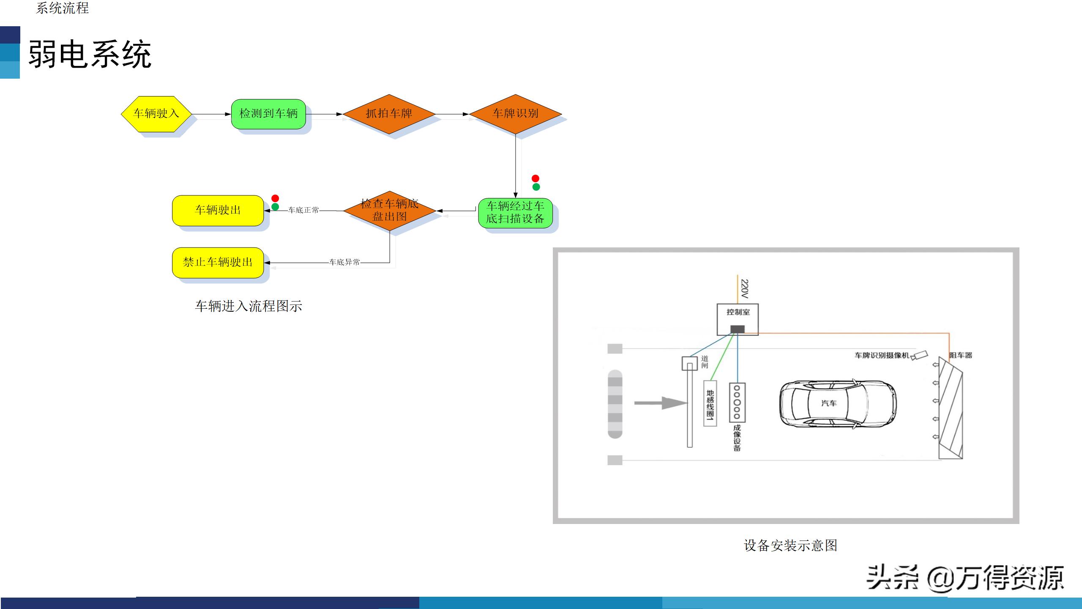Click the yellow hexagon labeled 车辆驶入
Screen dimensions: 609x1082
click(x=156, y=114)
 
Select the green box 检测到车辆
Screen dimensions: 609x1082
click(x=268, y=114)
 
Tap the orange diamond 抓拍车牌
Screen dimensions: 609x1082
click(x=389, y=114)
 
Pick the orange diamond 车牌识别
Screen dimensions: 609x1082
click(x=515, y=114)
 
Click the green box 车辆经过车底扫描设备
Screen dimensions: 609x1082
click(x=515, y=213)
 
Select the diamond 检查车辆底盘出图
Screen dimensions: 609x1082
click(x=389, y=211)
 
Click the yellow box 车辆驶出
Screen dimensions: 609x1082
click(x=218, y=210)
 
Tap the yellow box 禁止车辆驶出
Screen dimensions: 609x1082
click(x=218, y=263)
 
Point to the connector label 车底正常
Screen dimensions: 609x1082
click(x=303, y=210)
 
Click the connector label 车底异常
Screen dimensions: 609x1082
click(x=344, y=262)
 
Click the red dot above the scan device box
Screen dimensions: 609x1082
click(x=536, y=178)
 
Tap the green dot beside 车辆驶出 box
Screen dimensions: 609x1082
click(x=275, y=207)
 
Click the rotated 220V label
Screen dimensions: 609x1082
click(x=745, y=289)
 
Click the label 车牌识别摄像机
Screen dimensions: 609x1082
click(x=882, y=355)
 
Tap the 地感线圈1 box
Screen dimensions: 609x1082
click(x=710, y=403)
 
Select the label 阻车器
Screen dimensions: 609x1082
click(x=961, y=355)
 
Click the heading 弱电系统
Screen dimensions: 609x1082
click(x=90, y=54)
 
